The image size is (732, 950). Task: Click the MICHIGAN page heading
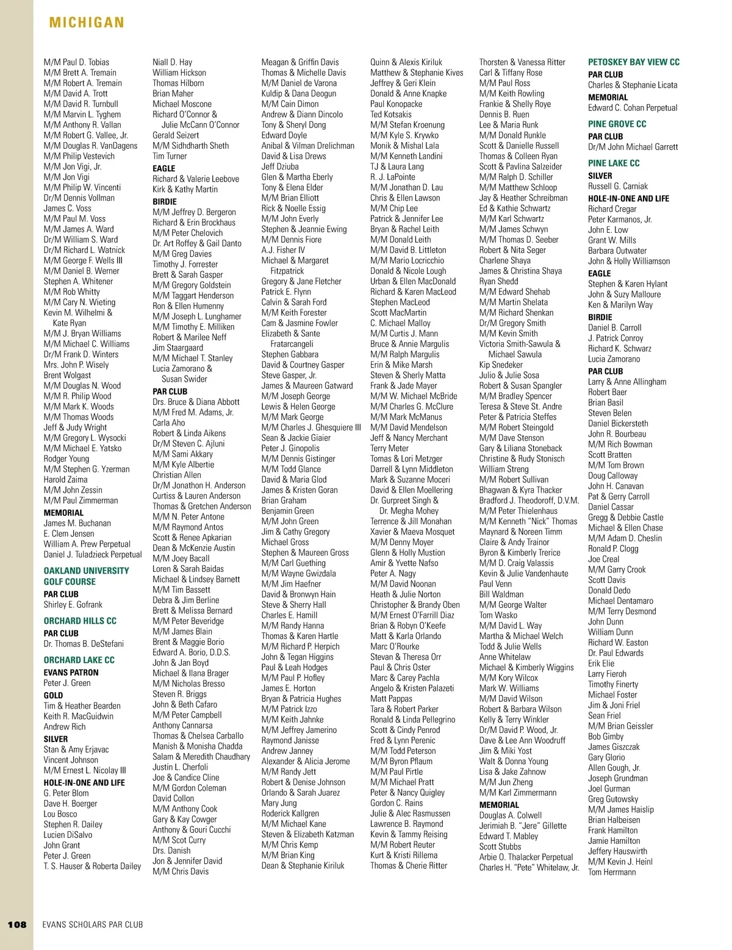click(x=87, y=23)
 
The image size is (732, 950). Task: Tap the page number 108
click(x=17, y=924)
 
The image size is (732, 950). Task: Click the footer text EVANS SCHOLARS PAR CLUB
click(x=93, y=924)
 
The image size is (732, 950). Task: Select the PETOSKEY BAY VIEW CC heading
click(x=633, y=62)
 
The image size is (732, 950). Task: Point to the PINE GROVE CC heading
click(x=617, y=124)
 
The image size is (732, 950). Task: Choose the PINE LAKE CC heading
click(x=614, y=163)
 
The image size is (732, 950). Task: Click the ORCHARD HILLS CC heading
click(x=80, y=621)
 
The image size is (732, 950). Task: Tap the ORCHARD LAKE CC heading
click(x=79, y=660)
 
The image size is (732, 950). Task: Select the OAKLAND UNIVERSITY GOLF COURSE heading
click(x=86, y=576)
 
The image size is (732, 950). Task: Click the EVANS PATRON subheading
click(x=71, y=673)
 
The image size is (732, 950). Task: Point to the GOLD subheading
click(x=53, y=695)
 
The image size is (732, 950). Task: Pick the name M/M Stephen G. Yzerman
click(x=87, y=469)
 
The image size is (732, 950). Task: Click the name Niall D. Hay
click(x=172, y=62)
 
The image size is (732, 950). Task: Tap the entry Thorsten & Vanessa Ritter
click(x=522, y=62)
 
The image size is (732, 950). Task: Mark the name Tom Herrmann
click(x=612, y=872)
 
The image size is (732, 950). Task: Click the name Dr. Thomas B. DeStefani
click(x=84, y=644)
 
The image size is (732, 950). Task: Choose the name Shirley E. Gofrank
click(x=73, y=605)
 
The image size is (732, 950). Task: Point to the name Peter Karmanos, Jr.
click(x=620, y=220)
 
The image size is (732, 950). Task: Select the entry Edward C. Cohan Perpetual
click(x=633, y=108)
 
